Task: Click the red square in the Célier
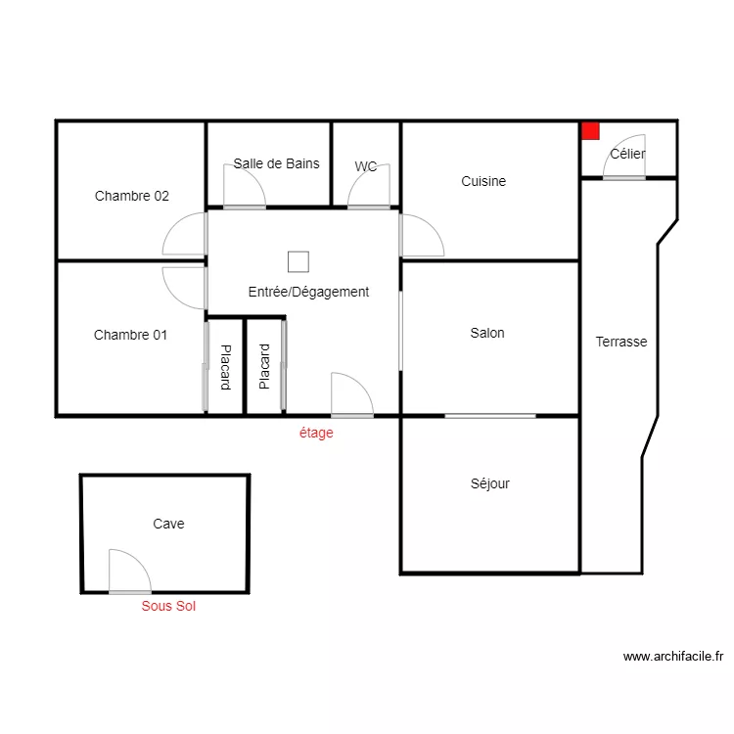click(590, 130)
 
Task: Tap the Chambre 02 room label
click(132, 196)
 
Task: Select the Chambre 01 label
click(130, 335)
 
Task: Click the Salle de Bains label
click(276, 163)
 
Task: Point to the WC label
click(366, 166)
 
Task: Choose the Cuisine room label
click(483, 181)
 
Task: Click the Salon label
click(487, 333)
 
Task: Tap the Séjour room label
click(489, 483)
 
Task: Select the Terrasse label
click(621, 342)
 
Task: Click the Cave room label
click(168, 524)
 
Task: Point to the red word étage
click(316, 433)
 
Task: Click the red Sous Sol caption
click(168, 607)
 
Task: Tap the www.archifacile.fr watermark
click(673, 657)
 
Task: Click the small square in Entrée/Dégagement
click(298, 261)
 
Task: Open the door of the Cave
click(128, 573)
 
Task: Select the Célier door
click(623, 166)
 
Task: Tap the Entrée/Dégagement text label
click(308, 292)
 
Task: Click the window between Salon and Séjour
click(490, 416)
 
